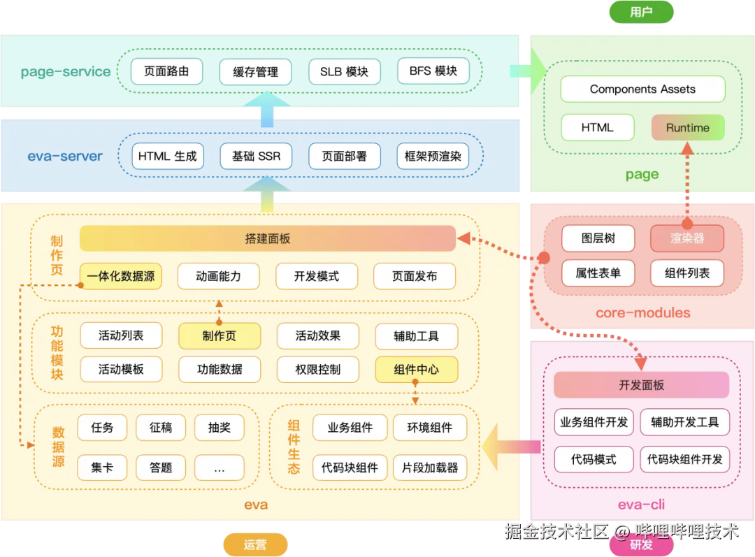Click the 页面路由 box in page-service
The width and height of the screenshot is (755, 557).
(166, 71)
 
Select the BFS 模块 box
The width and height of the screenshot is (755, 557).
(433, 71)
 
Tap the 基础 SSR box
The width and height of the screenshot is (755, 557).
(256, 157)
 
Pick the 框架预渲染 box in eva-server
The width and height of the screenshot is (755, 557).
(433, 157)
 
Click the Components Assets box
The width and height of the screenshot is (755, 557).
(642, 89)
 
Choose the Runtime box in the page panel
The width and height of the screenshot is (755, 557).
(687, 128)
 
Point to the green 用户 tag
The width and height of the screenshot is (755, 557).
(641, 12)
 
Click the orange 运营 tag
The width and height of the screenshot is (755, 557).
(255, 544)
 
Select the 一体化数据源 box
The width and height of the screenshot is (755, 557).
(121, 276)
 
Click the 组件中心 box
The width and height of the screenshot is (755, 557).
(417, 369)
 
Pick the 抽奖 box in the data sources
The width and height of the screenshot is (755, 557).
(220, 428)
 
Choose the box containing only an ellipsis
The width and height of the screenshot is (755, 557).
(220, 468)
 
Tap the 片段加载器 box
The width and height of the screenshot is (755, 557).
(430, 468)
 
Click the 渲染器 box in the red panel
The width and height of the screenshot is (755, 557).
(687, 238)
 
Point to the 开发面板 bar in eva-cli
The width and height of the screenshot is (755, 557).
(641, 385)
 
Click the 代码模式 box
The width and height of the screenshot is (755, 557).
(594, 459)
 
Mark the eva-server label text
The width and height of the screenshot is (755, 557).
(65, 157)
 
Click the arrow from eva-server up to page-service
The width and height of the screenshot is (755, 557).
(266, 110)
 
